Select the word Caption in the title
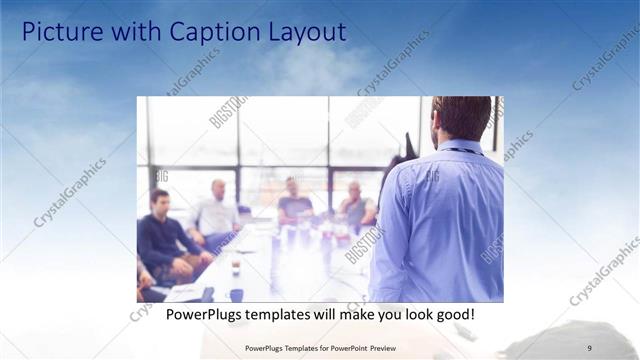[x=208, y=32]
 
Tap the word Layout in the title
[x=301, y=32]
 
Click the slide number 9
[x=590, y=347]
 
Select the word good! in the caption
[x=452, y=315]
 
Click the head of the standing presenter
[x=460, y=117]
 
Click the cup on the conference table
[x=235, y=268]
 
